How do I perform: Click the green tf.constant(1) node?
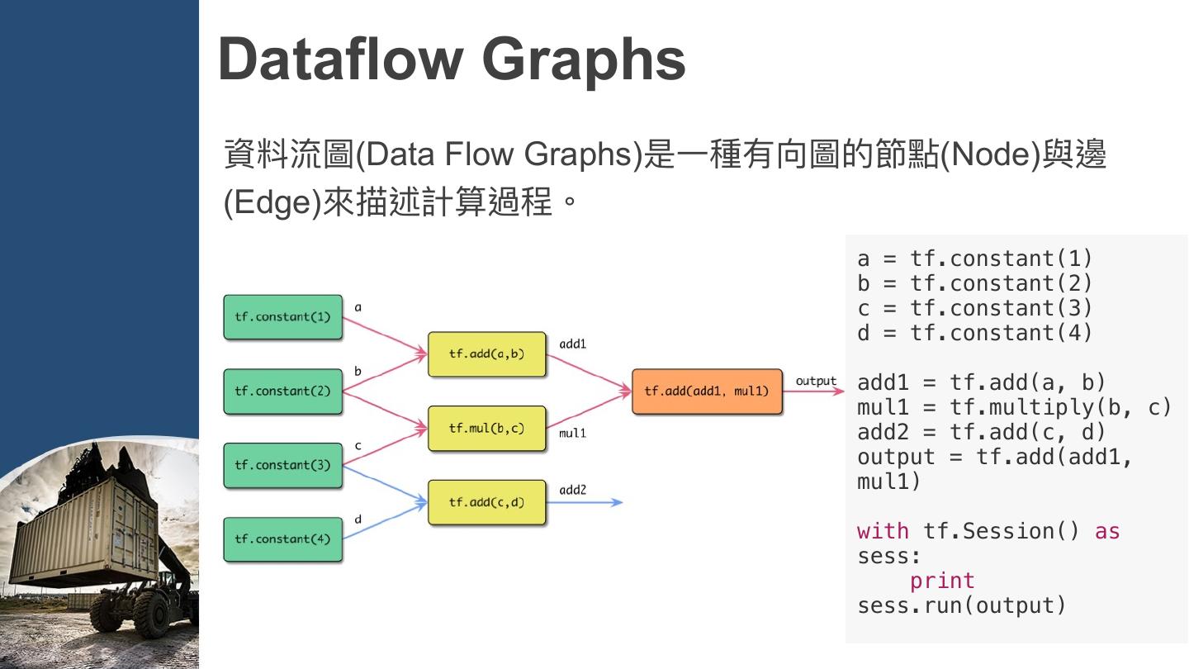tap(283, 317)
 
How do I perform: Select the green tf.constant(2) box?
tap(283, 391)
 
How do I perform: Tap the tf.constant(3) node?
tap(283, 465)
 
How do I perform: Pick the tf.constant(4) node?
tap(283, 539)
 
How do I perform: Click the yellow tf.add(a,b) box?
tap(487, 354)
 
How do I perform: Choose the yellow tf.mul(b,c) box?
tap(487, 429)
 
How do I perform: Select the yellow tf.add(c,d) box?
tap(487, 502)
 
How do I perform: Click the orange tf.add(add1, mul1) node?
tap(707, 391)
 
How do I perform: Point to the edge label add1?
tap(573, 344)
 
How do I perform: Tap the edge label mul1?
tap(573, 434)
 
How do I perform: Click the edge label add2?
tap(573, 490)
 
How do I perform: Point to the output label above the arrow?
tap(816, 382)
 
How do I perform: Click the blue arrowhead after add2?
tap(617, 502)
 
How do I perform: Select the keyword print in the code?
tap(942, 581)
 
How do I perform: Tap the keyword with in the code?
tap(883, 531)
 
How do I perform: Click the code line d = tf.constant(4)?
tap(974, 333)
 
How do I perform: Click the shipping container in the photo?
tap(85, 536)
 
